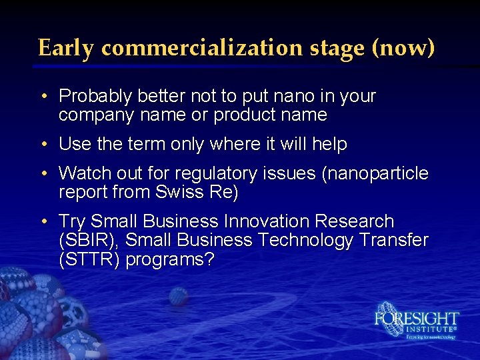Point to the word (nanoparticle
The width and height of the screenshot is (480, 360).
(x=375, y=173)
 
